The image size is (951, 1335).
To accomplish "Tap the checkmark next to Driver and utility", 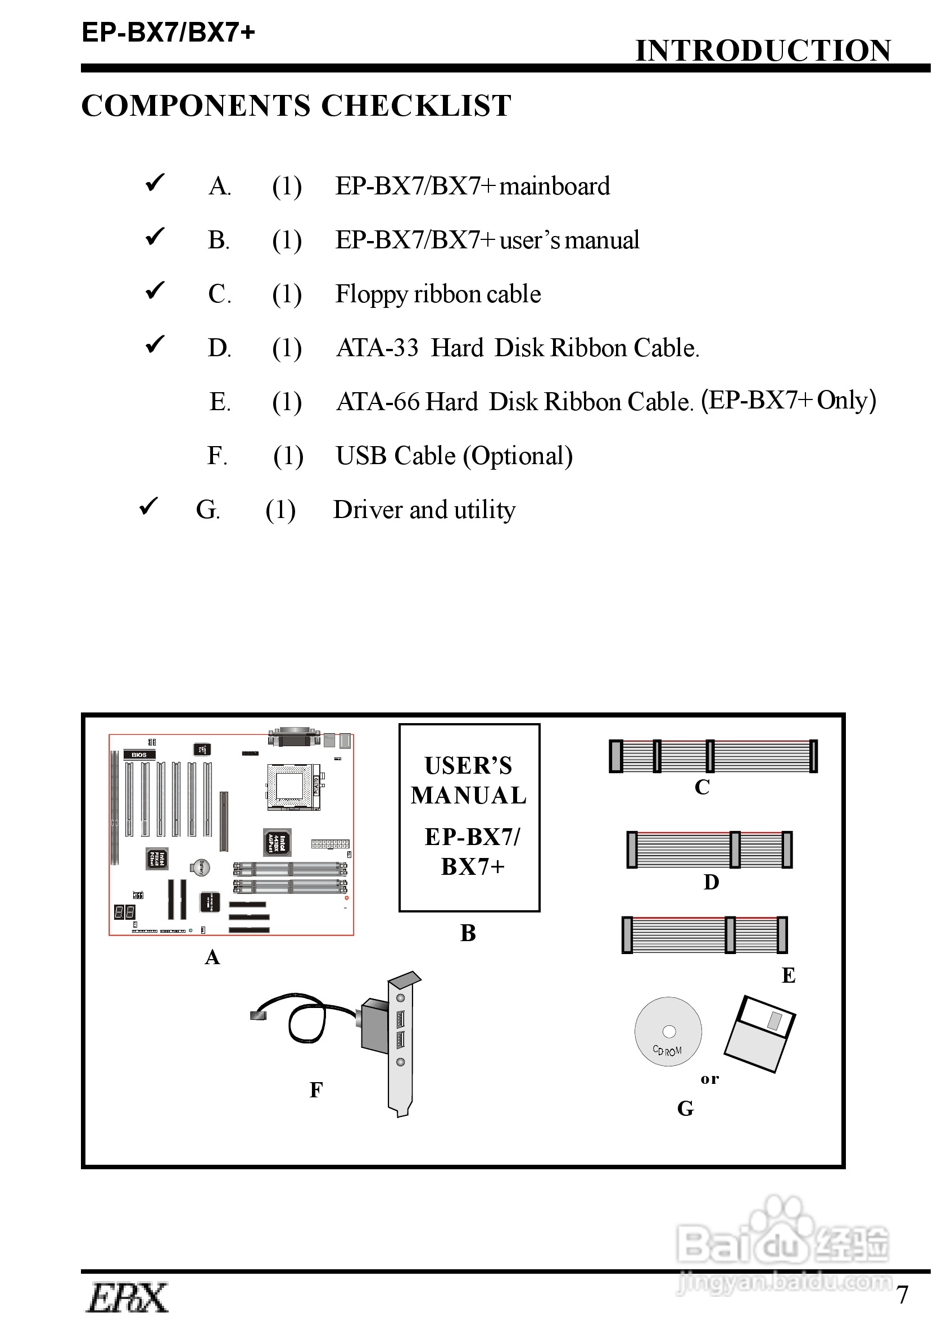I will point(149,506).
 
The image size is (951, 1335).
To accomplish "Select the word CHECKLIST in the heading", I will point(416,106).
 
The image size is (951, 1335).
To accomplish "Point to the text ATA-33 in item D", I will point(377,348).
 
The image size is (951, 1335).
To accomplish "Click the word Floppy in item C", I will point(371,294).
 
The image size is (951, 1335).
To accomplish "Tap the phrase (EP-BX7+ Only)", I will point(788,401).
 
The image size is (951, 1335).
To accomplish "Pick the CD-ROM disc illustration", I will point(668,1032).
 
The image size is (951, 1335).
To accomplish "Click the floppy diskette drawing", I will point(759,1034).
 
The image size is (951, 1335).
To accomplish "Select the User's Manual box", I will point(469,817).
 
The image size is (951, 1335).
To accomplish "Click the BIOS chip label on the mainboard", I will point(139,755).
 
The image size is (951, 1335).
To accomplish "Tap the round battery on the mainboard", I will point(200,868).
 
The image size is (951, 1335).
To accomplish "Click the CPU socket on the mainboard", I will point(293,786).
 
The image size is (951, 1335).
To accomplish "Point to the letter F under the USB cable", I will point(316,1090).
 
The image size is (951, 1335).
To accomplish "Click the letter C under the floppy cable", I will point(701,788).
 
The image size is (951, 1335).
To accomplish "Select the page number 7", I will point(903,1295).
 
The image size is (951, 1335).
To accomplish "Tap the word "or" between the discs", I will point(709,1079).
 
